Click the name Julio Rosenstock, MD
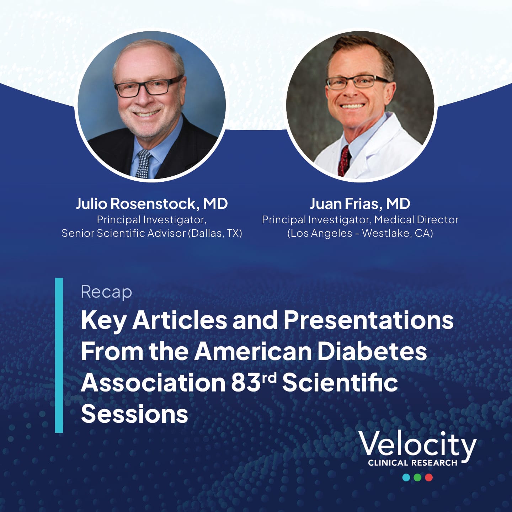(x=152, y=203)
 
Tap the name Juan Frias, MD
(x=360, y=203)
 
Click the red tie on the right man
(x=344, y=160)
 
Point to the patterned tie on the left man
(x=143, y=164)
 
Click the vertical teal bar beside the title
(x=59, y=355)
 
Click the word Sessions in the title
(x=134, y=414)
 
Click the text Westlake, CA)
(x=398, y=233)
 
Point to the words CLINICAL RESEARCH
(x=413, y=463)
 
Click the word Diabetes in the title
(x=372, y=351)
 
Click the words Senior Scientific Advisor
(x=123, y=233)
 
